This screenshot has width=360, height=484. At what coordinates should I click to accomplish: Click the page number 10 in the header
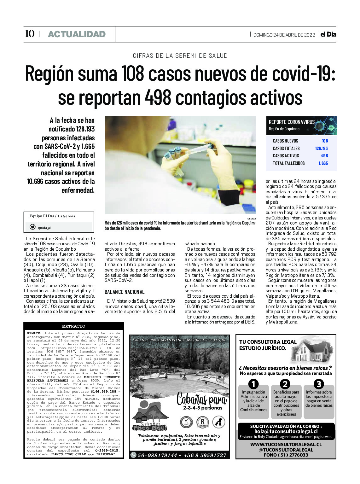pos(30,34)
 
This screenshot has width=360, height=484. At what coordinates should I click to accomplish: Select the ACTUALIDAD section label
pos(77,34)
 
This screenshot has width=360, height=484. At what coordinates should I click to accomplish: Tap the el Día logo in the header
pos(328,34)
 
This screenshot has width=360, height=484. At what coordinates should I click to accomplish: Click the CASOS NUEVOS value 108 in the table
pos(325,141)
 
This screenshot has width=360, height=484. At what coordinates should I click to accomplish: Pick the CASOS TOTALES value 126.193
pos(321,148)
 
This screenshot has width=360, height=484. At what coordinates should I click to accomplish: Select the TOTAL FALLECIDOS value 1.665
pos(323,163)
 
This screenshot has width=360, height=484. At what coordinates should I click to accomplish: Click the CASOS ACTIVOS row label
pos(286,155)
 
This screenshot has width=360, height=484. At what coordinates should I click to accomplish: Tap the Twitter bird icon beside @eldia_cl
pos(32,227)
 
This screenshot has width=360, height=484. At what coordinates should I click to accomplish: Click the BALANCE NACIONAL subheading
pos(125,292)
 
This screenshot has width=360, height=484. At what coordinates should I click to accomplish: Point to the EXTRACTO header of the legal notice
pos(73,326)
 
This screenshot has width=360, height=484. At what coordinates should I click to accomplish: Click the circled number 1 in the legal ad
pos(253,384)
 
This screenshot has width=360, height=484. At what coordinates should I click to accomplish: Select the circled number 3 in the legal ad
pos(319,384)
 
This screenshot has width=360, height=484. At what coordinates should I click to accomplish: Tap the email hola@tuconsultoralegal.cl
pos(286,431)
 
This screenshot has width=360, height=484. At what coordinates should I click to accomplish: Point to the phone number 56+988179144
pos(157,455)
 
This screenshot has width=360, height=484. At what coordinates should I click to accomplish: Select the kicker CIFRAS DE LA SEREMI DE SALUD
pos(180,55)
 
